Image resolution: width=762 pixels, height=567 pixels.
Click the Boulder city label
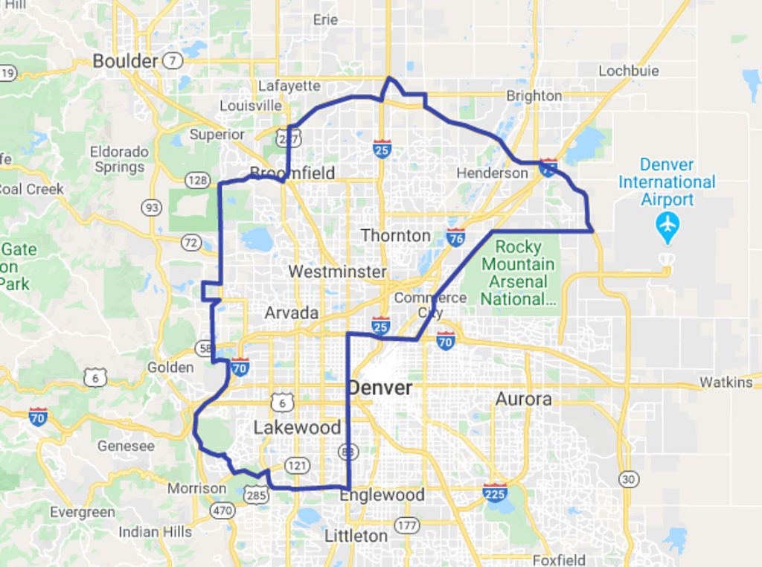(125, 61)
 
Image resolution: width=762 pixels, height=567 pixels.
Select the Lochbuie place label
(630, 71)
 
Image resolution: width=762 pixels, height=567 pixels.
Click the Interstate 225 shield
(495, 492)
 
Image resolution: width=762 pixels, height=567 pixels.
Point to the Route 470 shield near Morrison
(222, 511)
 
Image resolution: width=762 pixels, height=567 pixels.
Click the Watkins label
(726, 382)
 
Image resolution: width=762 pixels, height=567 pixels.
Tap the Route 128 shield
(197, 180)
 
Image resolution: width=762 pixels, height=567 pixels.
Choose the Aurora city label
(524, 399)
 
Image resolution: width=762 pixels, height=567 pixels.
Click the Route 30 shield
(629, 478)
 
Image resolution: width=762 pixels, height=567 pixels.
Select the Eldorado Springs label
(119, 159)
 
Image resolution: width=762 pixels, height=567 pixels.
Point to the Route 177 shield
(406, 526)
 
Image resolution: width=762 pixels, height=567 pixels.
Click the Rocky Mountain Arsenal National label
(518, 272)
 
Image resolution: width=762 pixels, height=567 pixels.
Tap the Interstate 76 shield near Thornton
(456, 237)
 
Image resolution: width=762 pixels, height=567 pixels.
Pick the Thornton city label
(395, 235)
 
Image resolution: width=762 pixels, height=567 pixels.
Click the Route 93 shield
(152, 208)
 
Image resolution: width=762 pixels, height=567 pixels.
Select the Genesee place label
(126, 446)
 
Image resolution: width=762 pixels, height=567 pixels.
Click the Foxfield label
(559, 560)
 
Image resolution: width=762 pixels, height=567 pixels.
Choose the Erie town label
(325, 20)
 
